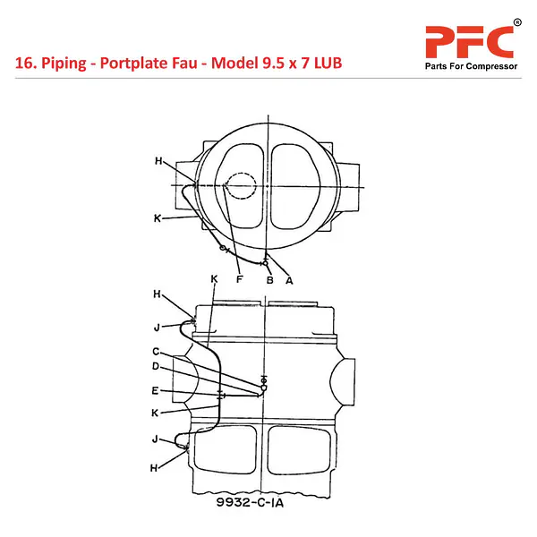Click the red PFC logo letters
[469, 42]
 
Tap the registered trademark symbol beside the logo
[517, 22]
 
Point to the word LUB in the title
[328, 63]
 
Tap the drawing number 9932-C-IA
[250, 502]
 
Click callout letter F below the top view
[239, 279]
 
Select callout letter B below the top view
[270, 280]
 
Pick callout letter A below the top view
[289, 281]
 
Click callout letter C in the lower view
[156, 352]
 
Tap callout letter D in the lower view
[156, 366]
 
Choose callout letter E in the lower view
[155, 391]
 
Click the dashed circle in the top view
[256, 185]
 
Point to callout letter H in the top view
[158, 160]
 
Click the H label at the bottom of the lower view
[154, 468]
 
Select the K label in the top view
[158, 218]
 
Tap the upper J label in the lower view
[157, 328]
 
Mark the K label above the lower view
[214, 278]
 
